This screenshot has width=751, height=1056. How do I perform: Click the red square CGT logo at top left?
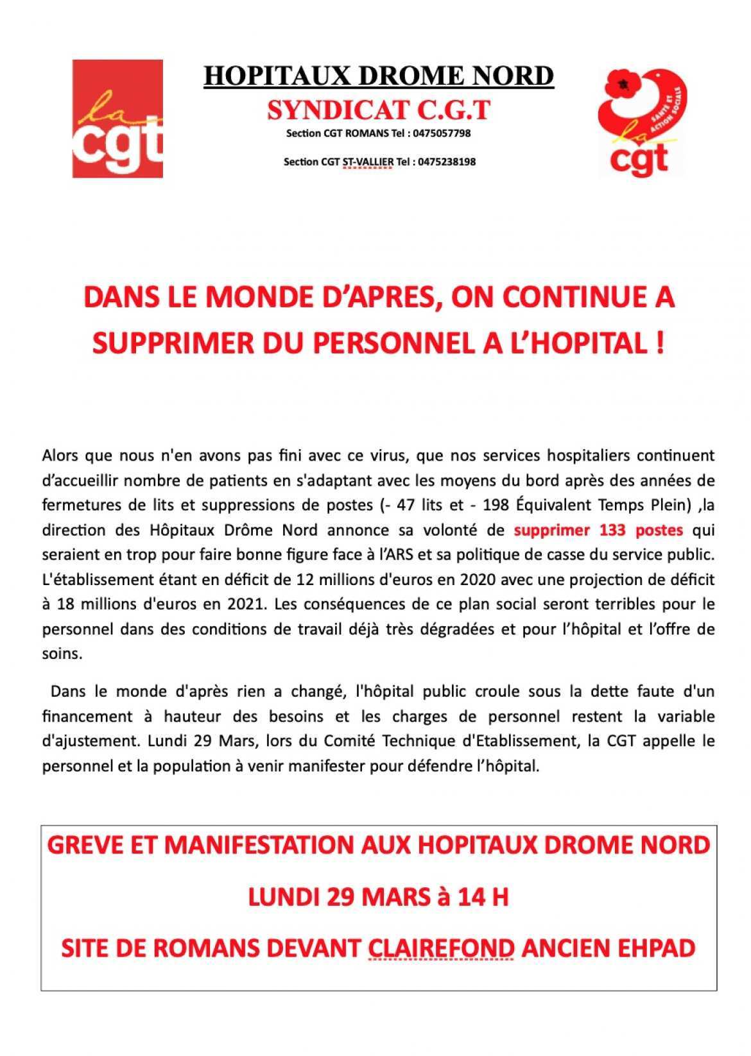click(117, 118)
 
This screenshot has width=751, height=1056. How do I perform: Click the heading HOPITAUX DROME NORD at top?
click(378, 76)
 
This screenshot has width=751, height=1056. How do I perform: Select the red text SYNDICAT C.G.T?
click(378, 110)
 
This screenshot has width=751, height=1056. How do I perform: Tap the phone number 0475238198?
click(446, 162)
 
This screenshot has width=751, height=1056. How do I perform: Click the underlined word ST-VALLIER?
click(368, 162)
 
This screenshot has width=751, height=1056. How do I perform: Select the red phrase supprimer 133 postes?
click(598, 530)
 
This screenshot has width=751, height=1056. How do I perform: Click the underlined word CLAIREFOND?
click(441, 948)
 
